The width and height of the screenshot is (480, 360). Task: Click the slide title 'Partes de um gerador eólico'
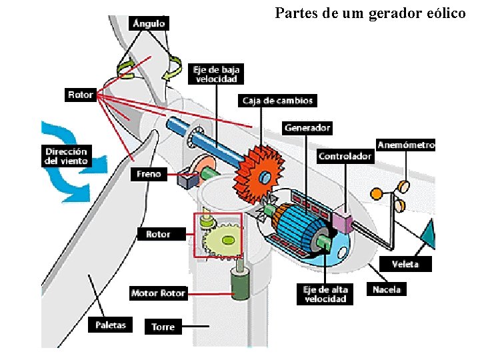(x=370, y=13)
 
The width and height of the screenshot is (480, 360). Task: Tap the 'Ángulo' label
(x=149, y=23)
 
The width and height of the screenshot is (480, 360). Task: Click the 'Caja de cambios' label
(x=277, y=101)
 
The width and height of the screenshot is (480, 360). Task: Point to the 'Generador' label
(x=307, y=127)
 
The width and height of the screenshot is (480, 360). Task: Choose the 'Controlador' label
(x=345, y=157)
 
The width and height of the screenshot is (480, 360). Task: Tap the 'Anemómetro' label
(x=406, y=145)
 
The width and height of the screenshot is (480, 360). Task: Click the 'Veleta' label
(x=405, y=264)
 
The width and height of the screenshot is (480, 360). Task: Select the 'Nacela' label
(x=387, y=289)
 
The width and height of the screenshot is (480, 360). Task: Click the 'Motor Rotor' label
(x=159, y=293)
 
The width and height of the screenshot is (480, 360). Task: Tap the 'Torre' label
(x=163, y=327)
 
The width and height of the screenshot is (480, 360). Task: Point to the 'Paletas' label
(x=111, y=325)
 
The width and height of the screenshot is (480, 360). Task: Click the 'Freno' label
(x=149, y=174)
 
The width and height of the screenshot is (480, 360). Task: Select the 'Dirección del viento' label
(x=66, y=156)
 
